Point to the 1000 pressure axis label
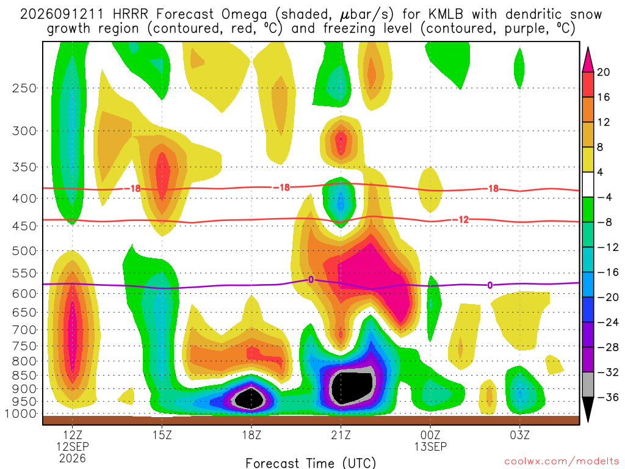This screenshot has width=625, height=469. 21,414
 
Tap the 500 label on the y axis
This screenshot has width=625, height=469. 24,251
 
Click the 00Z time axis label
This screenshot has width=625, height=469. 430,435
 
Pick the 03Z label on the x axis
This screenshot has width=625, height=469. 520,435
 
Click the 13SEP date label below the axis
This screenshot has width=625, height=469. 430,446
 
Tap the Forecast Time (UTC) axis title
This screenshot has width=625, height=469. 311,463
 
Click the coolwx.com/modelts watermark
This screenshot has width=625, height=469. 562,462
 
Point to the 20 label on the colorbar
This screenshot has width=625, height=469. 604,72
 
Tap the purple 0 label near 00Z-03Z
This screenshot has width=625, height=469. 490,285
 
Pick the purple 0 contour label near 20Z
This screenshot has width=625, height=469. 311,279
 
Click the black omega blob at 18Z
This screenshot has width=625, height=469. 250,398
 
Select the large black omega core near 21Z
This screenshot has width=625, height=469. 352,387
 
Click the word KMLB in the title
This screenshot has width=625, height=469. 446,15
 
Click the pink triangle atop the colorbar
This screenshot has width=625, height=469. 588,59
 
